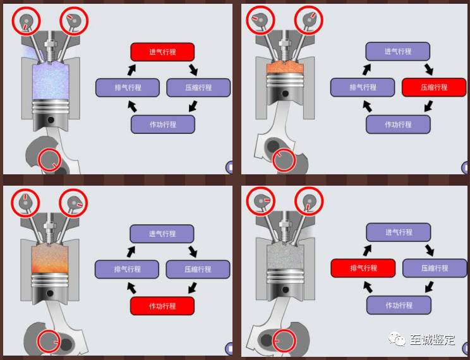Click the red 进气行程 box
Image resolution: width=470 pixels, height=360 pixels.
point(162,52)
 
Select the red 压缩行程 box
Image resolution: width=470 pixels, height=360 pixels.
point(433,87)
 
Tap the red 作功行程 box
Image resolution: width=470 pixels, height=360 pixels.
point(162,306)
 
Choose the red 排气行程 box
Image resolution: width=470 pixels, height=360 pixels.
point(363,268)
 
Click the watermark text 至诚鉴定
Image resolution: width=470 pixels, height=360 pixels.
point(432,340)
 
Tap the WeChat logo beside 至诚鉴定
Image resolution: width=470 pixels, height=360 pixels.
point(399,340)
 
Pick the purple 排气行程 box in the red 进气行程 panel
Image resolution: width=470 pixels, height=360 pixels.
point(127,87)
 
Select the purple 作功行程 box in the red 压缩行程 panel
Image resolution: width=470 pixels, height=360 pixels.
point(398,124)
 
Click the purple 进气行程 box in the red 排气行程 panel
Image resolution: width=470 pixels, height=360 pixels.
point(398,232)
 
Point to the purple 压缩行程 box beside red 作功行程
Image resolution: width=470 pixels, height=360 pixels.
point(198,270)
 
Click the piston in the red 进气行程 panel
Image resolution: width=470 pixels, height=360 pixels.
point(51,114)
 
